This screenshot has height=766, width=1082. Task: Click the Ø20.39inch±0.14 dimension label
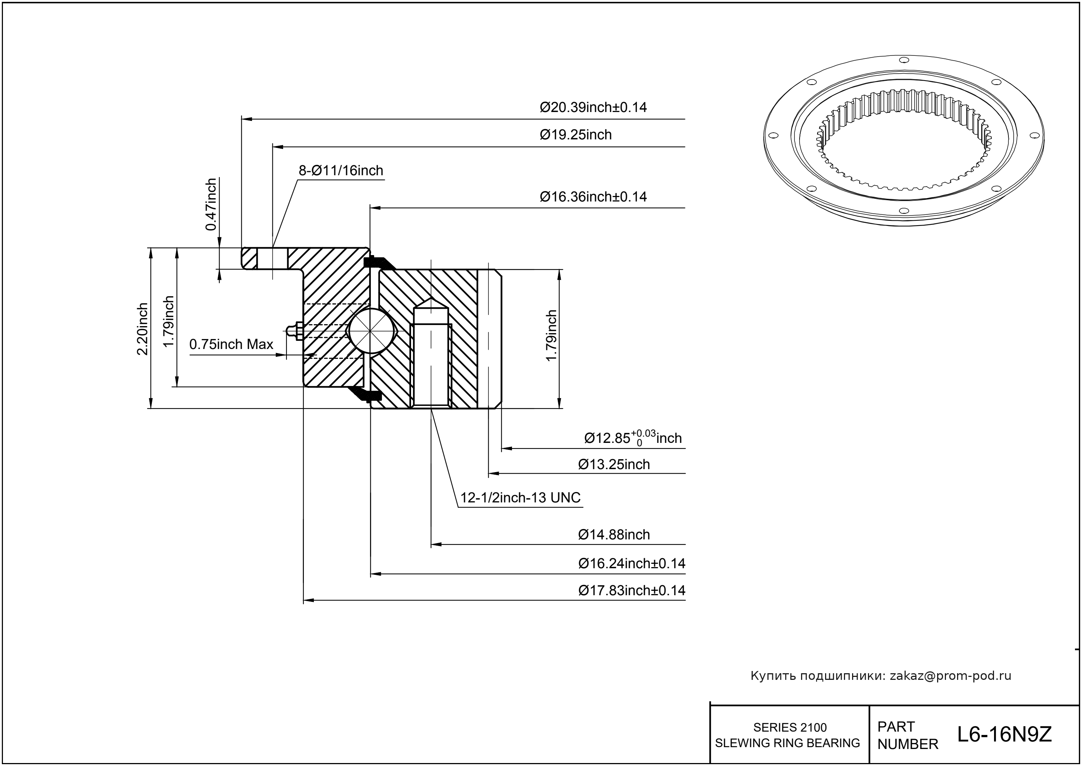(593, 108)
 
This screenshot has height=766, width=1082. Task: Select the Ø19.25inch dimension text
(576, 135)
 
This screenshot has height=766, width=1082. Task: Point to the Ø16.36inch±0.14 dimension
(593, 197)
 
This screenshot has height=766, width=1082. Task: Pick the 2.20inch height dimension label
(142, 329)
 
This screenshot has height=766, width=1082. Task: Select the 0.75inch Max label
(231, 344)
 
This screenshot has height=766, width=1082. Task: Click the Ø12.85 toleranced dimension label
(632, 438)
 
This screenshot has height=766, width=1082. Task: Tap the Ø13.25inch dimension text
(614, 465)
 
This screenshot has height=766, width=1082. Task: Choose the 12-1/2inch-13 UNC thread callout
(520, 498)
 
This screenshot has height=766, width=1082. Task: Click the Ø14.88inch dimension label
(614, 535)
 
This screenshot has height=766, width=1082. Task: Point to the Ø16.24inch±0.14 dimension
(631, 564)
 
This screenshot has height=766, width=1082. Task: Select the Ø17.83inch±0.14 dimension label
(631, 590)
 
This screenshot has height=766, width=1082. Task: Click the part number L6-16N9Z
(1004, 735)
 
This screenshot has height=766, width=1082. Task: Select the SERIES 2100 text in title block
(790, 727)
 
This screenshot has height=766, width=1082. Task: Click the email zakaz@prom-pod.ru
(950, 676)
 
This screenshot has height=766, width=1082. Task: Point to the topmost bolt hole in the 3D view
(904, 60)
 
